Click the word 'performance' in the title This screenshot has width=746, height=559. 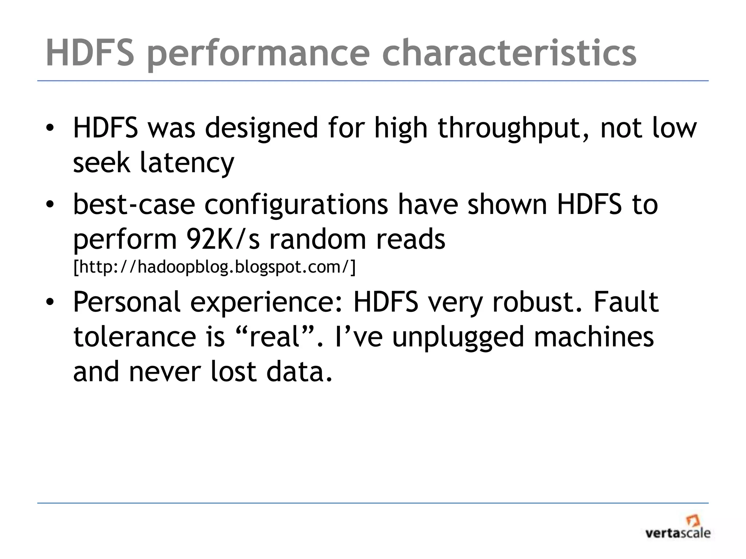click(x=258, y=54)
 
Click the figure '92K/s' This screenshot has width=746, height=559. click(x=223, y=239)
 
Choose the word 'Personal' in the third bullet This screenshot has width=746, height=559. click(x=127, y=302)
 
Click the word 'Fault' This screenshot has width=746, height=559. click(x=626, y=302)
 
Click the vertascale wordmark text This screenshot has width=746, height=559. click(x=678, y=534)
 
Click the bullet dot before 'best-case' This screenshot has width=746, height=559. click(x=50, y=205)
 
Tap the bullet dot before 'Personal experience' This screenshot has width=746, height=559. click(x=50, y=302)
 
